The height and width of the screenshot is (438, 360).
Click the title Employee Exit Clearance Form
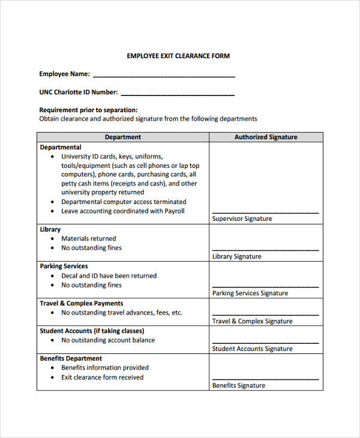point(178,56)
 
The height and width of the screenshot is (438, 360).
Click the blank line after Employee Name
point(164,76)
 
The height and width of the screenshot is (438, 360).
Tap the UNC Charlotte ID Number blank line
point(178,94)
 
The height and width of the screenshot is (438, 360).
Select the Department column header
point(123,137)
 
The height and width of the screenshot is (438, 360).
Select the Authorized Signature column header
point(265,137)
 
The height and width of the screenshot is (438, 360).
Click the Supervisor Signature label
point(242,219)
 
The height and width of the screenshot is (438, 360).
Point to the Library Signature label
point(236,256)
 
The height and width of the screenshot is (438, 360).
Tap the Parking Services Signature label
point(250,293)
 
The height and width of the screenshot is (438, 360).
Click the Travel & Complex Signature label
point(252,321)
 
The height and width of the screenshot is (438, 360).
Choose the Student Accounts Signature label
point(252,349)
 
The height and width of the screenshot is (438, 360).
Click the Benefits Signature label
point(238,385)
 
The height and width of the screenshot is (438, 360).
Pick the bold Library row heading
point(50,229)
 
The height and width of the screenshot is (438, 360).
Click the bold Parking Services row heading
point(64,266)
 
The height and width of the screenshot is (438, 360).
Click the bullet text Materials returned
point(88,238)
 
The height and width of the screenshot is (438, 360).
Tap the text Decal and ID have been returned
point(109,275)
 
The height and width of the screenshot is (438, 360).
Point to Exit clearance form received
point(102,377)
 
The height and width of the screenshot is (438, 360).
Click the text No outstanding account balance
point(107,340)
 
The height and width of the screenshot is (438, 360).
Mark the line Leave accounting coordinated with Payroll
point(122,211)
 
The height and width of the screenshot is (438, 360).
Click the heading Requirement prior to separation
point(88,110)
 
